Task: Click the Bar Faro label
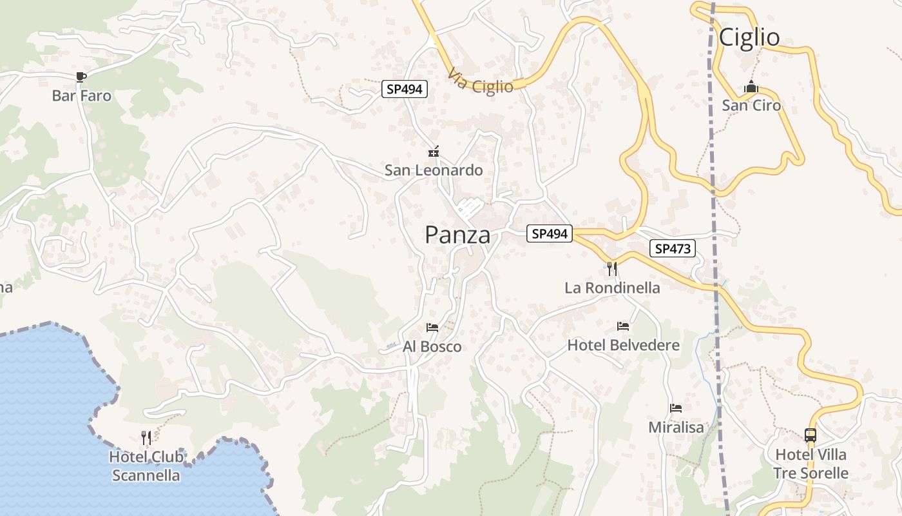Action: (81, 96)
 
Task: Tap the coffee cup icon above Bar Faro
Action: (81, 77)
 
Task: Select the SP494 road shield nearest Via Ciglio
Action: (405, 89)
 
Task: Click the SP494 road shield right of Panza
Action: (550, 233)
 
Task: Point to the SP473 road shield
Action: (673, 248)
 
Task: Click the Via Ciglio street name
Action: (481, 82)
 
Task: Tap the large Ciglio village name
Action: (749, 37)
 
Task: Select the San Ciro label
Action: (751, 105)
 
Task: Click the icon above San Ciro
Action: (751, 87)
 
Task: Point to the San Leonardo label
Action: (434, 170)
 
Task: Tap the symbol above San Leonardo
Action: (434, 152)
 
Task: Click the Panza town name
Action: (457, 235)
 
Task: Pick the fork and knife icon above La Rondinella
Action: (612, 268)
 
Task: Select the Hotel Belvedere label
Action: (623, 345)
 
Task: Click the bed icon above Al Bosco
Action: (432, 328)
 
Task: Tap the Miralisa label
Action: (676, 427)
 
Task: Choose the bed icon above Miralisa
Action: (676, 408)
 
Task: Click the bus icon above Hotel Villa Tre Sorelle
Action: (811, 435)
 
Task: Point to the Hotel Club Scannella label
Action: (146, 466)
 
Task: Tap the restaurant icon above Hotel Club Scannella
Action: (146, 439)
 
